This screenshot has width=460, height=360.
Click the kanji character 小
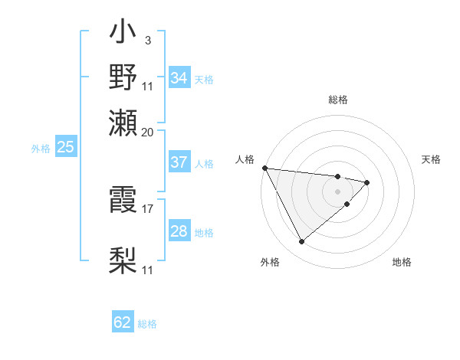pyautogui.click(x=123, y=34)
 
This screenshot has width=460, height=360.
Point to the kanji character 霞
pyautogui.click(x=123, y=201)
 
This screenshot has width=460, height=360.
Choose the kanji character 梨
pyautogui.click(x=123, y=261)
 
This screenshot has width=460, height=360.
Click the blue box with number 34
pyautogui.click(x=179, y=78)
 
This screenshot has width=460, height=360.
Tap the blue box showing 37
pyautogui.click(x=179, y=162)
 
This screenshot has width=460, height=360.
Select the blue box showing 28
pyautogui.click(x=179, y=231)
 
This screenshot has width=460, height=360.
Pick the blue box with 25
pyautogui.click(x=65, y=147)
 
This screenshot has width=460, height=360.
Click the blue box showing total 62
pyautogui.click(x=123, y=322)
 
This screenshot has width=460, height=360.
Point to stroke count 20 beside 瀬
pyautogui.click(x=148, y=132)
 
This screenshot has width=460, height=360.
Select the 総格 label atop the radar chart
pyautogui.click(x=337, y=100)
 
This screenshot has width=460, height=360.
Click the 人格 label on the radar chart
pyautogui.click(x=245, y=159)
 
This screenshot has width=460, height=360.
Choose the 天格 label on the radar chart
pyautogui.click(x=431, y=159)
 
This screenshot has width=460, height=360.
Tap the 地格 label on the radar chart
pyautogui.click(x=402, y=262)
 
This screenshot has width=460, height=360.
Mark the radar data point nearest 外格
pyautogui.click(x=301, y=242)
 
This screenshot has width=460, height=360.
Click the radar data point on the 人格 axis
pyautogui.click(x=264, y=168)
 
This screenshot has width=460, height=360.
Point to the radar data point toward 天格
pyautogui.click(x=367, y=182)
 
